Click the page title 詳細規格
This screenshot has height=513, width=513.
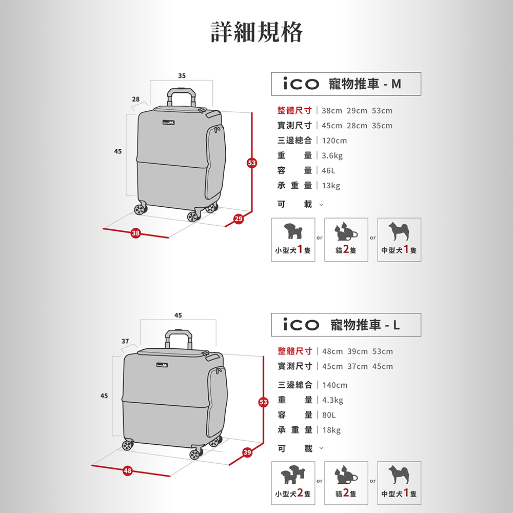[257, 32]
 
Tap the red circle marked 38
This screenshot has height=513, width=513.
[135, 233]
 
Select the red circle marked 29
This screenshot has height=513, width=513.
[239, 219]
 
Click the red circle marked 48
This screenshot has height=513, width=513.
[128, 471]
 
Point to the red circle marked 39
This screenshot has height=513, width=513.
[247, 452]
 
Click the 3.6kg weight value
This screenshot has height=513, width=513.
[332, 155]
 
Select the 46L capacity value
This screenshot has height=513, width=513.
[328, 170]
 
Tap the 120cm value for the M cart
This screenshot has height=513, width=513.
[334, 141]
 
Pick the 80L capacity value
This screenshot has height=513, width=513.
[329, 415]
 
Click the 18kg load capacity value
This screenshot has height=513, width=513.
[331, 430]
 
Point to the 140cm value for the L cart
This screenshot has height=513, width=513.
[334, 385]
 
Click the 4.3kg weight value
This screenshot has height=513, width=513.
[333, 400]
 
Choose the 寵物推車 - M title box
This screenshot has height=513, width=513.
[346, 84]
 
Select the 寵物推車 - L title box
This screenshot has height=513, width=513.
[346, 325]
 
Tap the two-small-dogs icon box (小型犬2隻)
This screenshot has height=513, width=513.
[293, 483]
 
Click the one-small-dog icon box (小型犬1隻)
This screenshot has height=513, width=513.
[293, 240]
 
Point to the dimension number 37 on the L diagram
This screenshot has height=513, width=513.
[125, 341]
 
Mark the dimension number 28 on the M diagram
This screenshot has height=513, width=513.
[135, 99]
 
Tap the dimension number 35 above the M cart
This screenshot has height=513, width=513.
[182, 76]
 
